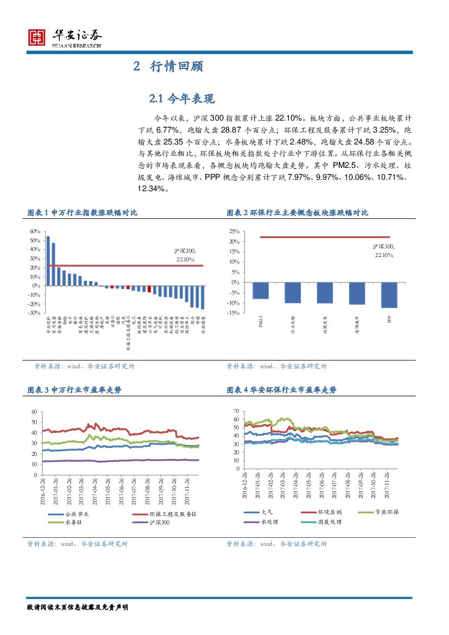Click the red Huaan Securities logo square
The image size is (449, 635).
pos(36,37)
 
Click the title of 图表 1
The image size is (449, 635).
pos(82,213)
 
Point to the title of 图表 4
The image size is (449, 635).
pos(281,390)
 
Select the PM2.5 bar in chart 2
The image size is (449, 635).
pos(261,291)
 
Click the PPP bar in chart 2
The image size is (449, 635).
pos(389,295)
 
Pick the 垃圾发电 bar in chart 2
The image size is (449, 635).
pos(325,293)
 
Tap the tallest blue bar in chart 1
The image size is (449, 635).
pos(48,261)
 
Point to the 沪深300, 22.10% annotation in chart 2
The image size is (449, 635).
pos(383,250)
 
